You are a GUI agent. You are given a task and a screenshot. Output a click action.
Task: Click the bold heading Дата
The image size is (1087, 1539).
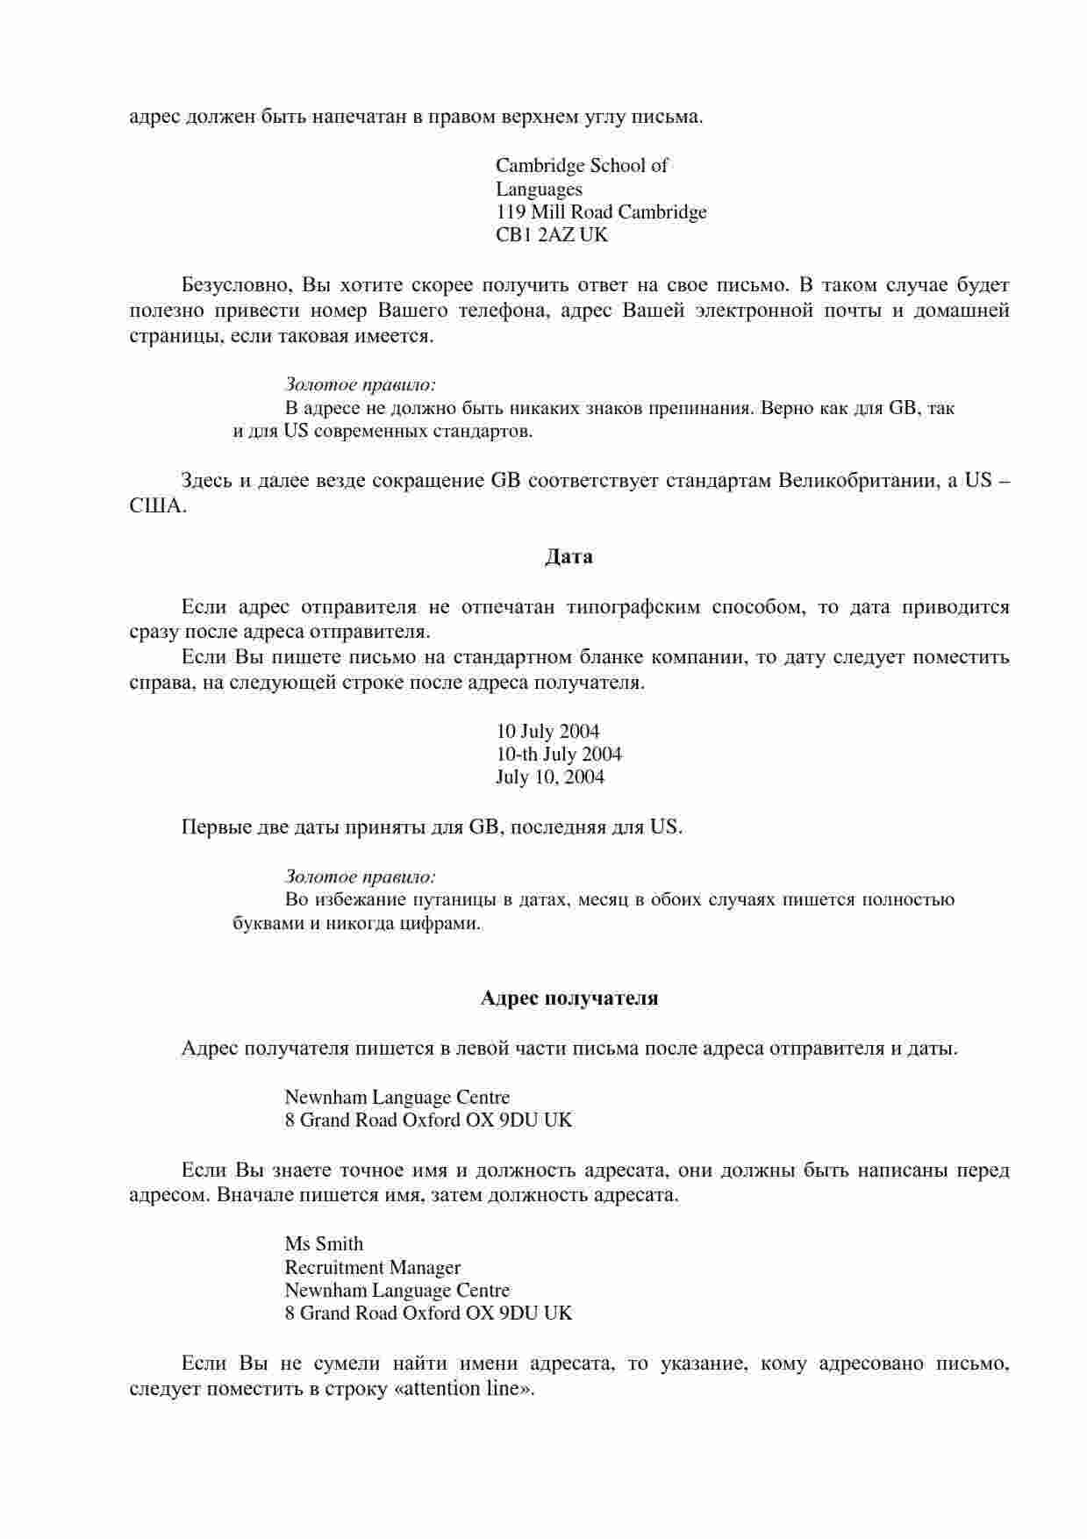point(569,557)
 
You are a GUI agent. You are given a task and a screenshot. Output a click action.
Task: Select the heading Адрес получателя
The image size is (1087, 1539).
point(569,999)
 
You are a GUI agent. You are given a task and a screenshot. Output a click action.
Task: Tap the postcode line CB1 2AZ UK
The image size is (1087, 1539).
point(551,235)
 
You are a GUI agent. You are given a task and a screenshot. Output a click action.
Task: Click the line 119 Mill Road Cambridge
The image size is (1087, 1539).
point(601,212)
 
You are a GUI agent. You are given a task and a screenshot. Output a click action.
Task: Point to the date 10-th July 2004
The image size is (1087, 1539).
point(559,755)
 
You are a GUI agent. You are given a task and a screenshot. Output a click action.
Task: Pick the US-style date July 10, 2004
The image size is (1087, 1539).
point(550,777)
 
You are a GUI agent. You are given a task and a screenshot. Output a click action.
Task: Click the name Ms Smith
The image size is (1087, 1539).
point(324,1244)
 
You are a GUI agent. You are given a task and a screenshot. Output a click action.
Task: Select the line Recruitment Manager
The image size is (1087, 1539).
point(373,1268)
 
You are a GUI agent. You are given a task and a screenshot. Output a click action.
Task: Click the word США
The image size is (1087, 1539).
point(157,507)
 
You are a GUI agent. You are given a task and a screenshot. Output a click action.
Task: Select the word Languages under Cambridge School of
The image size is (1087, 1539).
point(539,190)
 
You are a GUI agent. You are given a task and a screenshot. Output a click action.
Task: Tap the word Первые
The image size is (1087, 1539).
point(211,827)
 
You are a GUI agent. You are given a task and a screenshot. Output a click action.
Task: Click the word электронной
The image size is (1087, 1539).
point(754,311)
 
